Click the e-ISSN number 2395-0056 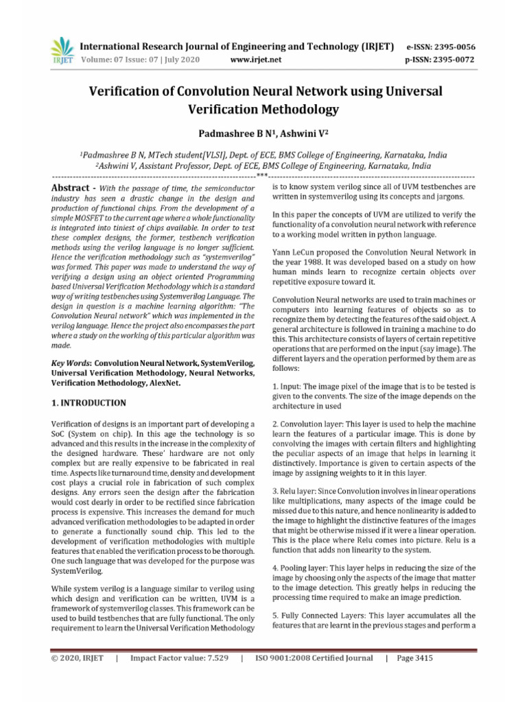pyautogui.click(x=451, y=47)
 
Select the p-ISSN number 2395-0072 pyautogui.click(x=451, y=60)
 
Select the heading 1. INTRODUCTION pyautogui.click(x=89, y=402)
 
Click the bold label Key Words pyautogui.click(x=71, y=361)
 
